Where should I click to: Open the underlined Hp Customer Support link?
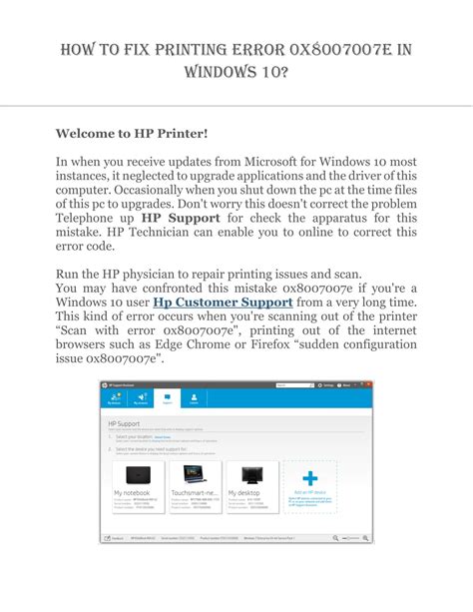(x=222, y=302)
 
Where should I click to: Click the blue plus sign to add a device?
(x=310, y=478)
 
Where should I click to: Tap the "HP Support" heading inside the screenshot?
(x=122, y=424)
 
